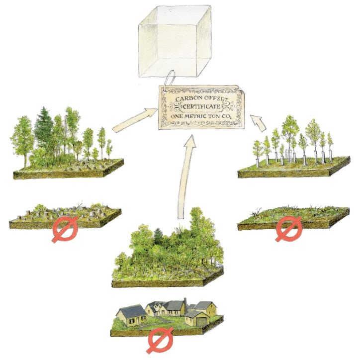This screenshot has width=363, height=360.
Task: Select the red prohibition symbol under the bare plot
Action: point(289,230)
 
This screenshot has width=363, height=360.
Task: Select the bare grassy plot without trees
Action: point(293,215)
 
